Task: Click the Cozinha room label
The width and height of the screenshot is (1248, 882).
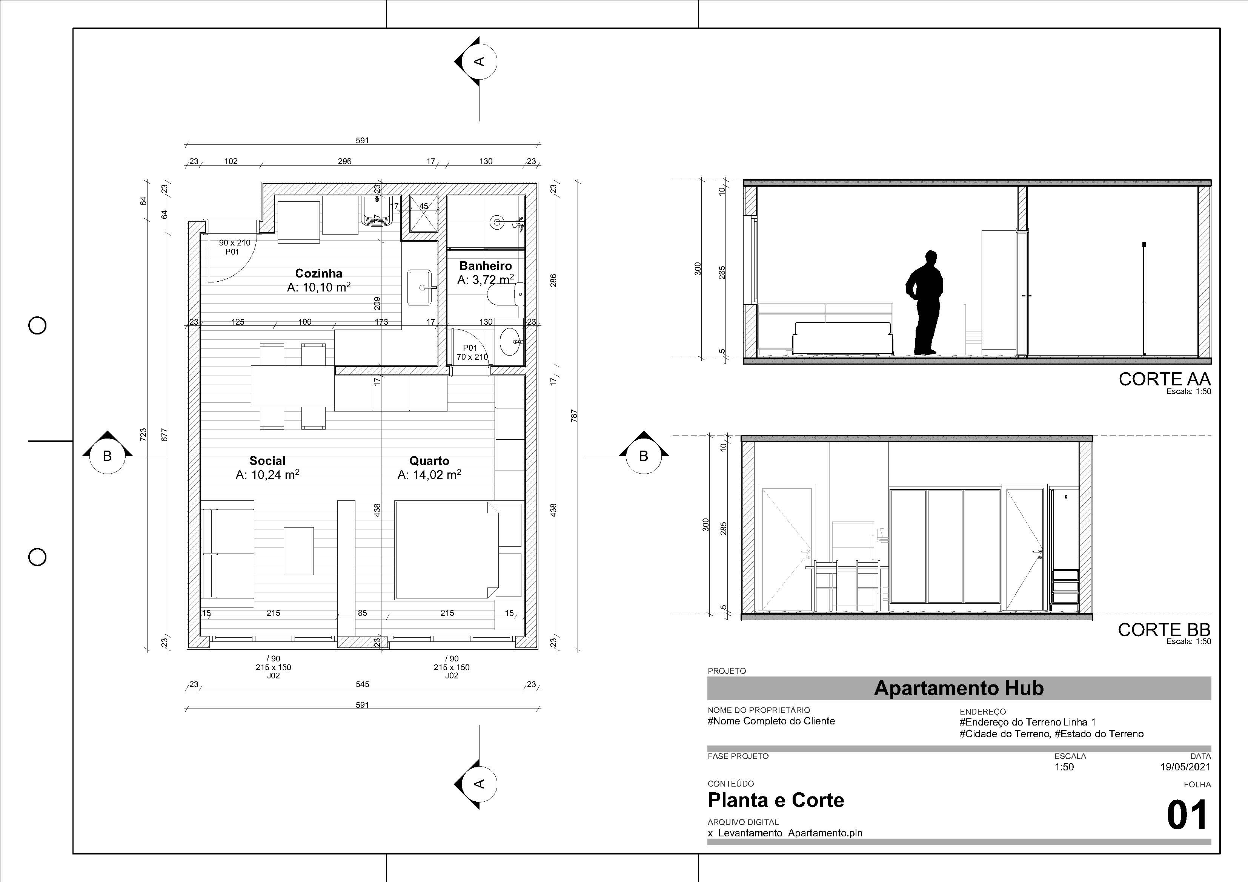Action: tap(318, 273)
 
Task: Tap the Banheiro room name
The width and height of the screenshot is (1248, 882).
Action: tap(486, 266)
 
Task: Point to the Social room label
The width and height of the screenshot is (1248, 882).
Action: tap(267, 461)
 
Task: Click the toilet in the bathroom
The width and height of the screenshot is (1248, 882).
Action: tap(506, 295)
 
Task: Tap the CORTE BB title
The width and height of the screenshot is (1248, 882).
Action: tap(1164, 629)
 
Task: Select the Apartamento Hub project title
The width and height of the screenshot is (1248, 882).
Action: tap(959, 688)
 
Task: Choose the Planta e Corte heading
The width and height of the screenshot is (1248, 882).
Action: tap(776, 800)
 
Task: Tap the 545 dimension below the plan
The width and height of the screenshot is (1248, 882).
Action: tap(363, 684)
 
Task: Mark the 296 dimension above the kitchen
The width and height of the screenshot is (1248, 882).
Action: tap(344, 161)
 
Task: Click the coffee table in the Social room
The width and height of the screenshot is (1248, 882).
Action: tap(298, 551)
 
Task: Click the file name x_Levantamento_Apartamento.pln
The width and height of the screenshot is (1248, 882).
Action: tap(785, 833)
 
